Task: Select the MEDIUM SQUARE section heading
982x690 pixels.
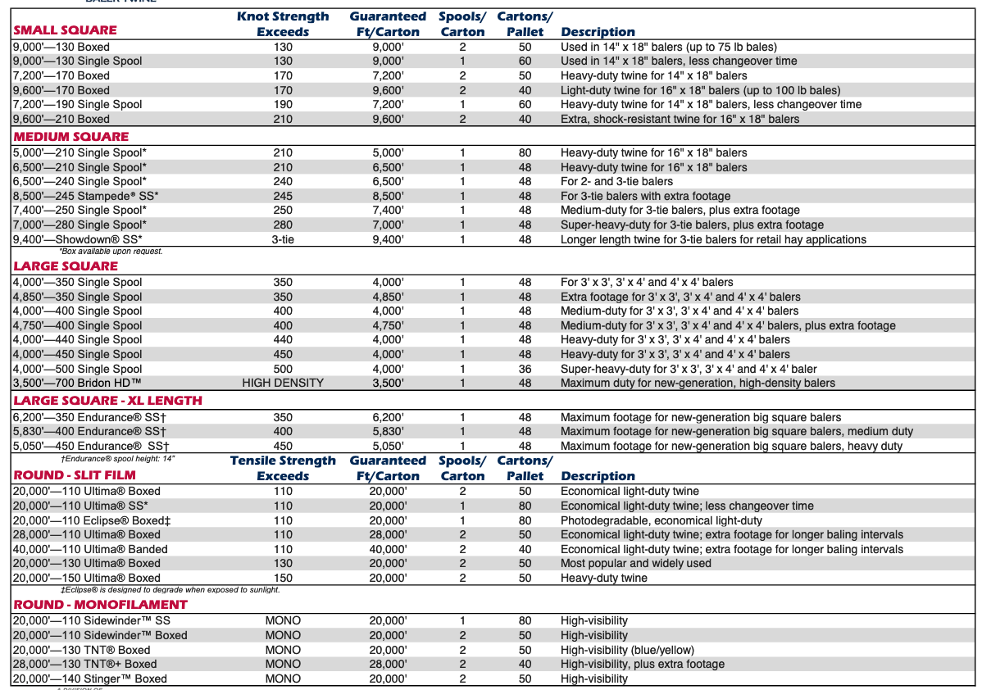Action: click(x=70, y=137)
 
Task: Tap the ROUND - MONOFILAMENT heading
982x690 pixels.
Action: click(x=100, y=605)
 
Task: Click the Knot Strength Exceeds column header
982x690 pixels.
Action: click(x=283, y=24)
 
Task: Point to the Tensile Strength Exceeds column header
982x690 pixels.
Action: click(x=283, y=468)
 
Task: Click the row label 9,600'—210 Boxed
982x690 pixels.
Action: click(x=61, y=119)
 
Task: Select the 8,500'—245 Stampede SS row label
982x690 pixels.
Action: click(x=85, y=196)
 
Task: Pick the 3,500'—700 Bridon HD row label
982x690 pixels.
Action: click(x=79, y=383)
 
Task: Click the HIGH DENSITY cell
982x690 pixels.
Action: click(x=283, y=383)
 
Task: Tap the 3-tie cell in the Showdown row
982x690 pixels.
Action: click(x=283, y=239)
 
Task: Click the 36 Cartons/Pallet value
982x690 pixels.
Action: click(x=525, y=369)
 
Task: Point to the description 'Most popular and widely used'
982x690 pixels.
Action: click(x=636, y=564)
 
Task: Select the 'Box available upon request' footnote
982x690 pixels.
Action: click(x=111, y=251)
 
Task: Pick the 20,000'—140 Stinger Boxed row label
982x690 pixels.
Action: click(x=90, y=679)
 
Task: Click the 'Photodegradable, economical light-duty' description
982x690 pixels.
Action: click(x=661, y=520)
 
